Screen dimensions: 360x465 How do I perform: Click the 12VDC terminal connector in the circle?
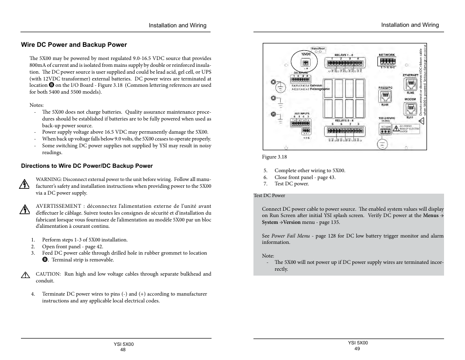point(306,63)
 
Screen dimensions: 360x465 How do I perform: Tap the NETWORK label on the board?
point(387,55)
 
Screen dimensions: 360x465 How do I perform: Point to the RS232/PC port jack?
point(385,97)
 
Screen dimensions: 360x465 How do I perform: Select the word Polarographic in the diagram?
point(320,89)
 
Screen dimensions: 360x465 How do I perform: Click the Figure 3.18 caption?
point(274,157)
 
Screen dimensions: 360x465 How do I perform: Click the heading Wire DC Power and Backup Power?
point(74,45)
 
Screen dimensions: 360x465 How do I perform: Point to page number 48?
point(123,349)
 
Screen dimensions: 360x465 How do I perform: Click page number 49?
point(357,349)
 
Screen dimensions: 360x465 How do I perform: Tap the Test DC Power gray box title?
point(270,196)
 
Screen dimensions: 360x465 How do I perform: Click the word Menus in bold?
point(430,215)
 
